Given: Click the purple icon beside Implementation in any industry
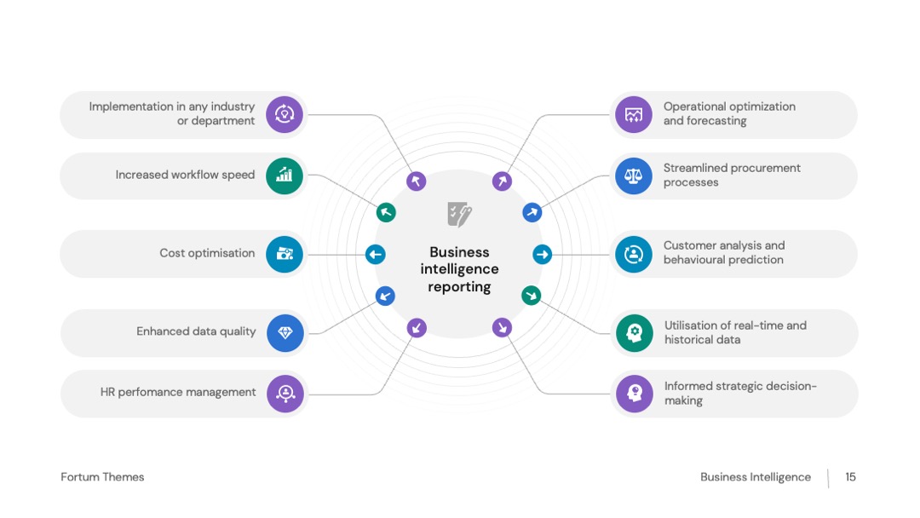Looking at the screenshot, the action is [x=285, y=114].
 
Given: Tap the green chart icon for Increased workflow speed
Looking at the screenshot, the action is [x=285, y=176].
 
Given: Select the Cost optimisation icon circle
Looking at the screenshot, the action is [x=285, y=254].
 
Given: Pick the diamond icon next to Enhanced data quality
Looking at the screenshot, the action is [x=285, y=332].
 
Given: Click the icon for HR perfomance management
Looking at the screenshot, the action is [x=285, y=394].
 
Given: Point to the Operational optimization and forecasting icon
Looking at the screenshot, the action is [x=634, y=114].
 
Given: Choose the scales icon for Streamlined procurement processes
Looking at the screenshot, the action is [x=634, y=176].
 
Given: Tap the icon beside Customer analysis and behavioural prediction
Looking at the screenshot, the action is [x=634, y=254].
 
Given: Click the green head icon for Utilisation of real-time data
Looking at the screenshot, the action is [x=635, y=332].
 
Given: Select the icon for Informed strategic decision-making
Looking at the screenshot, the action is [x=635, y=394].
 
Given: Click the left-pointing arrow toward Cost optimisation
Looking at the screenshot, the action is [x=376, y=255].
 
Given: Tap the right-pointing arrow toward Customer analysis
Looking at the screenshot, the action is [x=542, y=255].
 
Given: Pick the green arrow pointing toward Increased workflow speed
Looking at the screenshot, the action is [x=386, y=212].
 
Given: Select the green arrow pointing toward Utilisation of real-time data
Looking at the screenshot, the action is [x=532, y=296].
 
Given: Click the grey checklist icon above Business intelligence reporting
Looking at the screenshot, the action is [x=459, y=214].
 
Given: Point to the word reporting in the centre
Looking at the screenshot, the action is [x=459, y=287].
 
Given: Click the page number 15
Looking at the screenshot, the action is [x=850, y=477].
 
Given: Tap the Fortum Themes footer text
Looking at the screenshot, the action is [x=102, y=477].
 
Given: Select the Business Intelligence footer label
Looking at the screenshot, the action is [x=756, y=477].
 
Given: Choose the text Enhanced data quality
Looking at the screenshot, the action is [x=196, y=331].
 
